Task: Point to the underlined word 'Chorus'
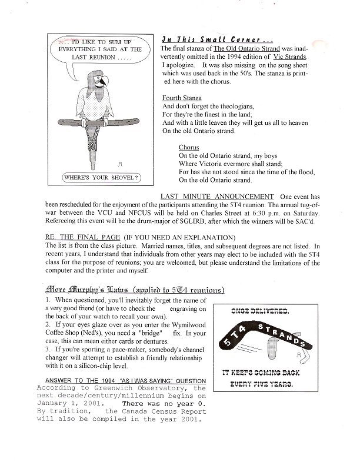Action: (189, 147)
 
